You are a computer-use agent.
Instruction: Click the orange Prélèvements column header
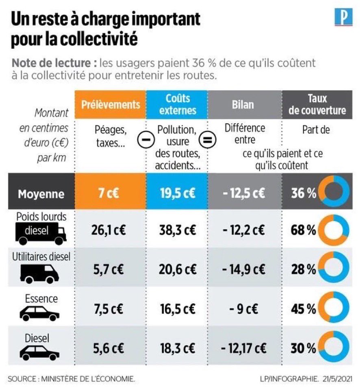click(111, 104)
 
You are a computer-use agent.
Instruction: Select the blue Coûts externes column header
click(177, 104)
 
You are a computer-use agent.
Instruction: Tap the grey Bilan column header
click(244, 104)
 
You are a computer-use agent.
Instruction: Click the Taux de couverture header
click(317, 104)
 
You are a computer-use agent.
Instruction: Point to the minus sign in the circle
click(143, 141)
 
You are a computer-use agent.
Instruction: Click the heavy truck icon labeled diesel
click(41, 232)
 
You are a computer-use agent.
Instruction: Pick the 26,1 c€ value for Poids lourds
click(111, 230)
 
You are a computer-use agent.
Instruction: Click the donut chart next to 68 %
click(334, 230)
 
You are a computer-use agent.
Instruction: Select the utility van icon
click(39, 274)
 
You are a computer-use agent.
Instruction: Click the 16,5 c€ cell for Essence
click(177, 309)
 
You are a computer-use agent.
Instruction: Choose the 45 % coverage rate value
click(303, 309)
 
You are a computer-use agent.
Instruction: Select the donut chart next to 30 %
click(334, 348)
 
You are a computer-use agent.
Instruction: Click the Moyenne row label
click(41, 193)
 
